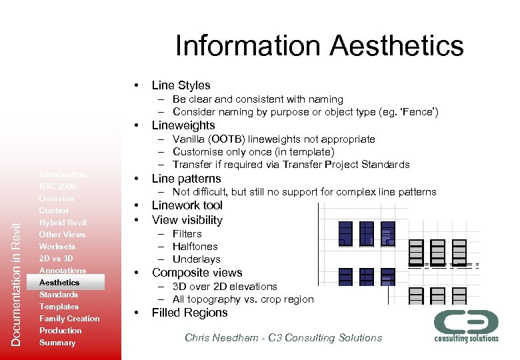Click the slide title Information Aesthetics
click(x=319, y=46)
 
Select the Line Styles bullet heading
click(x=181, y=85)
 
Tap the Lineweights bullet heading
click(x=183, y=125)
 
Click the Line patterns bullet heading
click(x=186, y=179)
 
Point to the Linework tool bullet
click(x=187, y=205)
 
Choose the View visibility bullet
click(x=187, y=220)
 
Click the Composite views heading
click(x=197, y=273)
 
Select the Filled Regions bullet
click(x=189, y=313)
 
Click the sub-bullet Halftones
click(x=195, y=247)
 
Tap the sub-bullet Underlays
click(x=196, y=259)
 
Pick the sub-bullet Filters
click(x=187, y=234)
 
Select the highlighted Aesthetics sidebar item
click(x=59, y=283)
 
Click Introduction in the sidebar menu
click(x=63, y=175)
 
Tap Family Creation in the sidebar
click(x=69, y=319)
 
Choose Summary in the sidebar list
click(x=57, y=343)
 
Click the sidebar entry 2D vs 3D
click(x=56, y=259)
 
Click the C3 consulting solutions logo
click(x=466, y=325)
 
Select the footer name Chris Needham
click(x=224, y=338)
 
